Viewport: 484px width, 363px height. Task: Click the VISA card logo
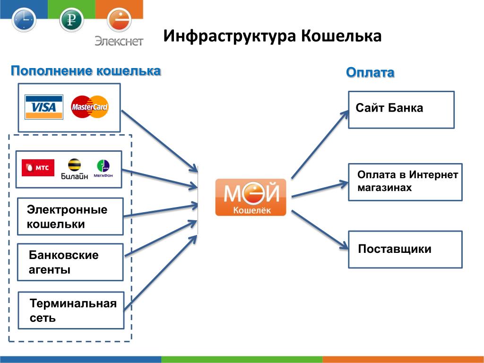[44, 107]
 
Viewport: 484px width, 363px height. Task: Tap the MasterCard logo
[89, 107]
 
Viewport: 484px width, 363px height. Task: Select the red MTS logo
[38, 168]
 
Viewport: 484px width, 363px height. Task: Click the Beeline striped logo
[74, 169]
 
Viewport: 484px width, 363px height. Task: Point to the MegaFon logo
[103, 169]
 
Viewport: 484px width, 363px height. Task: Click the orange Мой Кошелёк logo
[251, 197]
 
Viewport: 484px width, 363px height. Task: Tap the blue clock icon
[24, 19]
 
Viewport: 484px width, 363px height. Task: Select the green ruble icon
[72, 19]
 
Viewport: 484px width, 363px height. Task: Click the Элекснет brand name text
[119, 41]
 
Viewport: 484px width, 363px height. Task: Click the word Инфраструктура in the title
[230, 36]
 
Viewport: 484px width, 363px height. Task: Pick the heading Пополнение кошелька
[86, 71]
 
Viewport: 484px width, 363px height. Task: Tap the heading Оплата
[370, 72]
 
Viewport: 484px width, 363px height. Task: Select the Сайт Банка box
[401, 110]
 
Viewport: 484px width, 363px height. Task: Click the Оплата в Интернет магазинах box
[405, 182]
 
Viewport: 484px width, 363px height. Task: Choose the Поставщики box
[405, 250]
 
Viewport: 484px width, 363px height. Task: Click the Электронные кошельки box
[70, 216]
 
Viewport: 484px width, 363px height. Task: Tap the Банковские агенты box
[70, 262]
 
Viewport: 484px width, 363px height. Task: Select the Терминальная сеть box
[71, 310]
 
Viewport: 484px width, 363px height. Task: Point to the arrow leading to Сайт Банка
[320, 144]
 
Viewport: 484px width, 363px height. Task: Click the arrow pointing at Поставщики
[320, 230]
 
